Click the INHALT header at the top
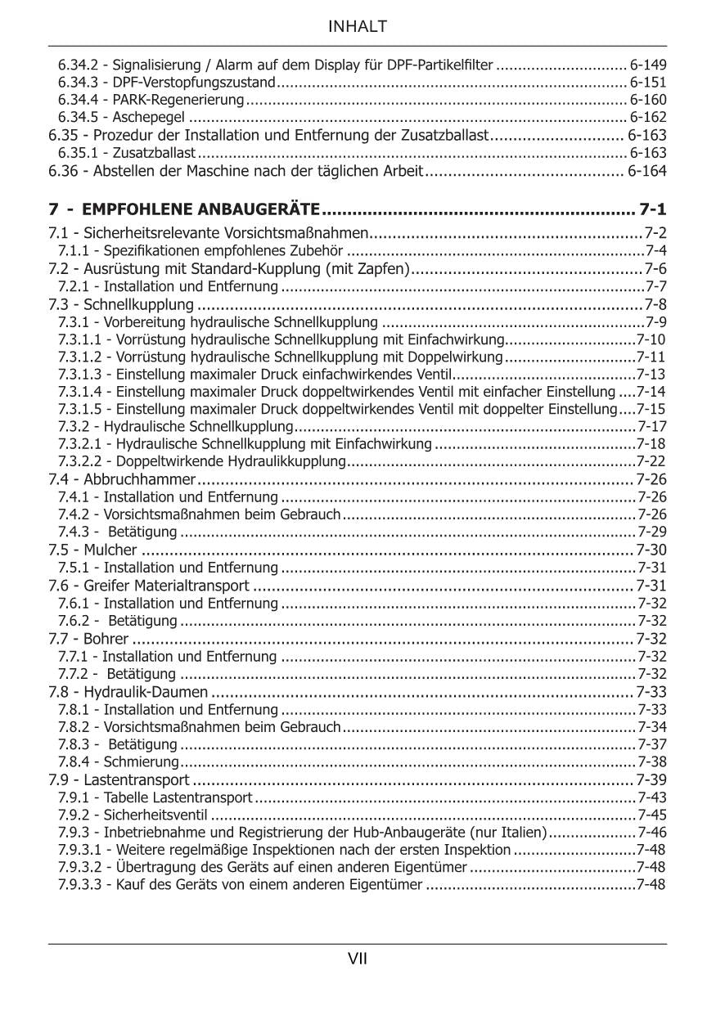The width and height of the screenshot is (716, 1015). click(x=358, y=27)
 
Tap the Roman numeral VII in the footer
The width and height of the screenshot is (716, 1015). click(x=358, y=959)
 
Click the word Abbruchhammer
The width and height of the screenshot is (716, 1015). click(x=140, y=479)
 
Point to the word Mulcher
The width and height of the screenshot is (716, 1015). click(x=110, y=550)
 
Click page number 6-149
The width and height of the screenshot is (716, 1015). click(x=648, y=64)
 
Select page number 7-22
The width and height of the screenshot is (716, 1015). click(x=651, y=461)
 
